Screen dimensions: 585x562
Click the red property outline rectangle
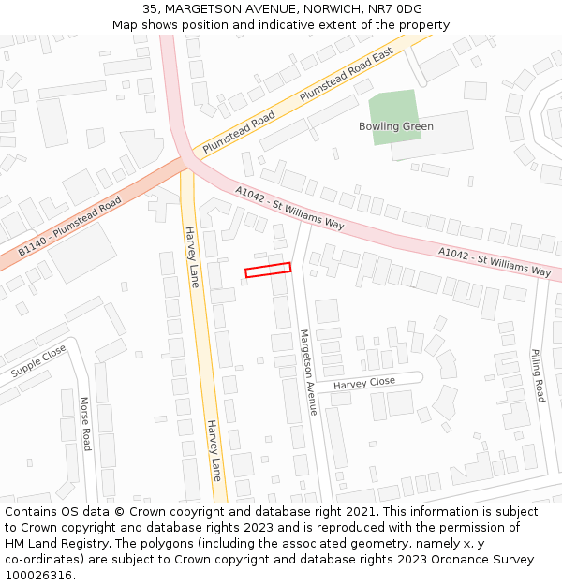coord(268,270)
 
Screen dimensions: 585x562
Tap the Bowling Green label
coord(396,126)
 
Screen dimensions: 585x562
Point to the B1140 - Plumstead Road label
coord(70,227)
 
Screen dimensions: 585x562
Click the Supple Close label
coord(38,361)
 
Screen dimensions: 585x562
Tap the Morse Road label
coord(85,422)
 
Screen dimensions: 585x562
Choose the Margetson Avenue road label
coord(307,372)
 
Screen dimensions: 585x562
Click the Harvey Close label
coord(364,383)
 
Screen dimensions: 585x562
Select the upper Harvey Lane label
coord(191,256)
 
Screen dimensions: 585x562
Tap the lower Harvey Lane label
coord(214,450)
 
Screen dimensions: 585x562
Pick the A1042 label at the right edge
coord(495,261)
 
